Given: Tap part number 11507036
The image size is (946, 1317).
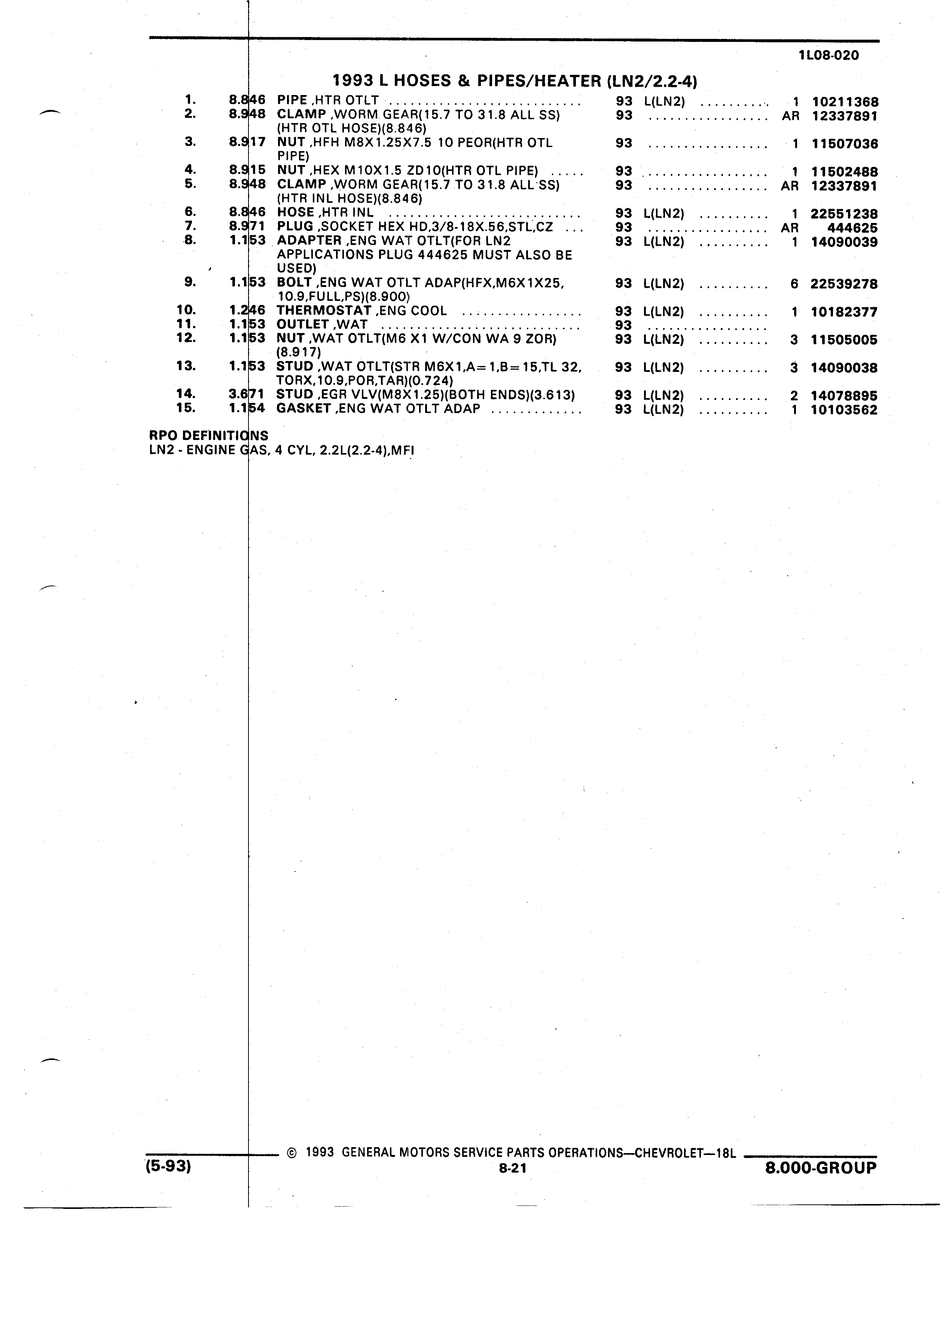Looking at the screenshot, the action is click(845, 143).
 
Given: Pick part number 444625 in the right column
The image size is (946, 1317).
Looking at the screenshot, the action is click(852, 227).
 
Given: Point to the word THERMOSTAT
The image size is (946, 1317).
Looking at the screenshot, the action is click(323, 311).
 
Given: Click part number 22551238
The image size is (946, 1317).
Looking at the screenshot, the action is click(844, 214).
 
